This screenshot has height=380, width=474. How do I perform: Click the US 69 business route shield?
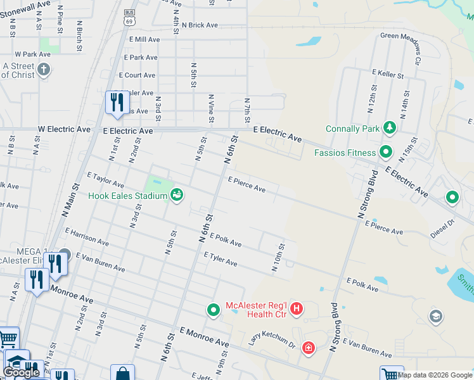tap(130, 17)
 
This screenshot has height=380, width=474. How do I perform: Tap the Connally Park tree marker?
tap(390, 129)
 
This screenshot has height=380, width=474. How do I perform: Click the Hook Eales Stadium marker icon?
tap(177, 195)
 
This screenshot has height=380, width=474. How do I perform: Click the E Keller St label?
tap(388, 75)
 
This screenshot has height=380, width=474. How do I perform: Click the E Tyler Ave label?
tap(221, 258)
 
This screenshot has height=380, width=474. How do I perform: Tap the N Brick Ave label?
tap(200, 25)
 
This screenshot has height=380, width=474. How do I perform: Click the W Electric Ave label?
tap(64, 129)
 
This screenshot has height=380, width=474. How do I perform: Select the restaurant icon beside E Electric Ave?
tap(117, 103)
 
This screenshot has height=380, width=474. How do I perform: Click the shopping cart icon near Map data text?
tap(392, 374)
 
